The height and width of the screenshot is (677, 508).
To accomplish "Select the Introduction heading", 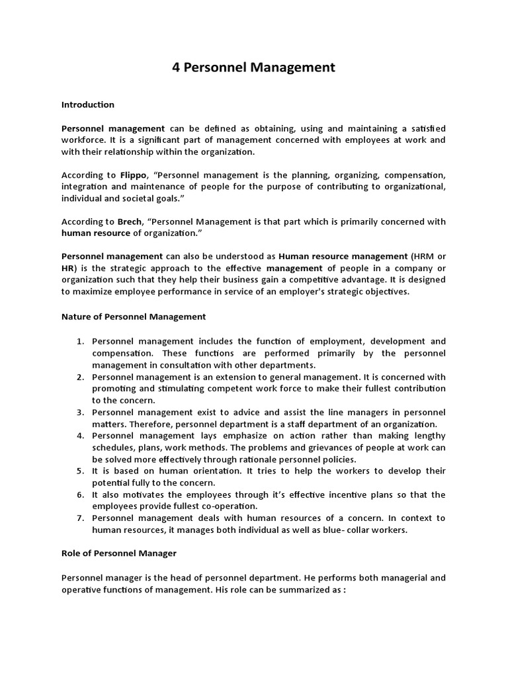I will click(88, 104).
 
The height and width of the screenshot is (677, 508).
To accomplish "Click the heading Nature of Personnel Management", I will click(134, 317).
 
